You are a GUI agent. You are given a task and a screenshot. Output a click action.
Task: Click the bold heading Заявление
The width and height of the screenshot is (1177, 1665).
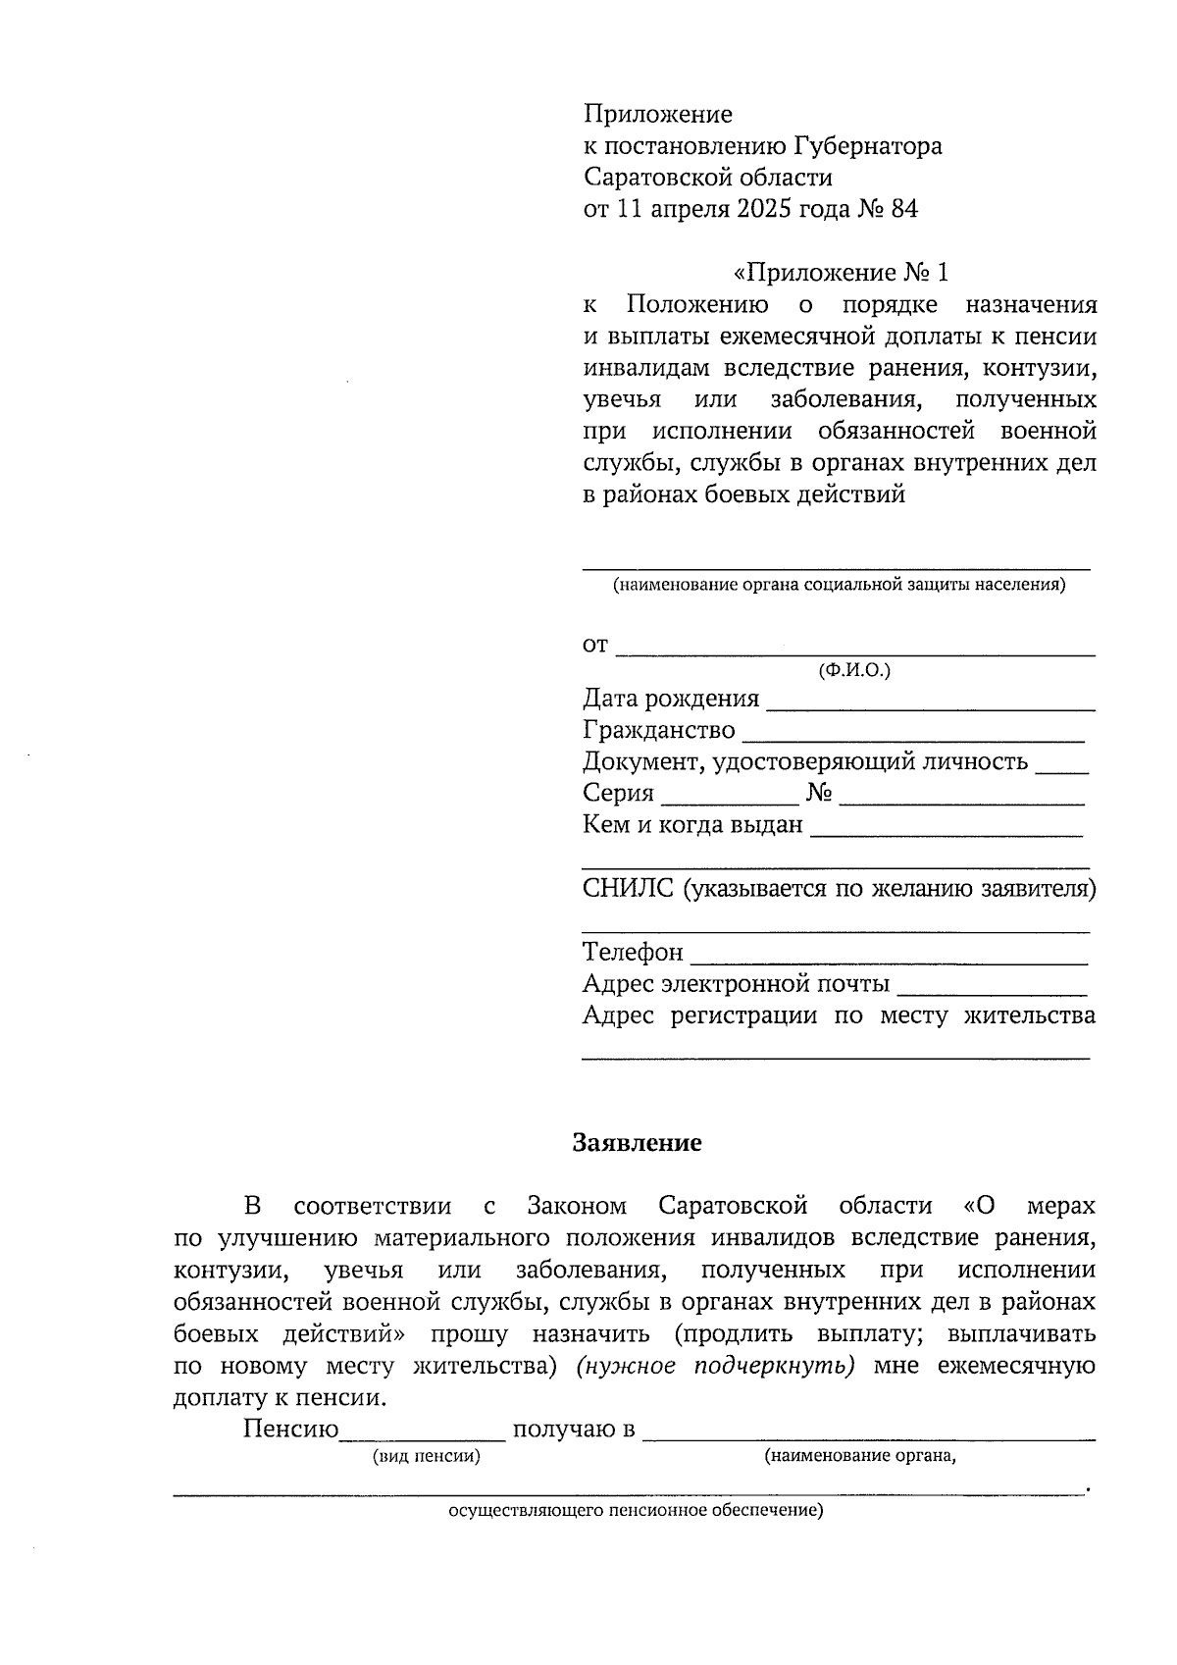[x=638, y=1143]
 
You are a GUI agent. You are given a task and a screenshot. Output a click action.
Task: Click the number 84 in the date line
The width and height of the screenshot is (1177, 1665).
[x=904, y=209]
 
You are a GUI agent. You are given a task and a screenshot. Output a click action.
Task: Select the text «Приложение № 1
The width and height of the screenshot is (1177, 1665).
[x=842, y=273]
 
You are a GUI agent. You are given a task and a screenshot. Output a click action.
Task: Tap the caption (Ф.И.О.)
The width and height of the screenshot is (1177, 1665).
[x=854, y=671]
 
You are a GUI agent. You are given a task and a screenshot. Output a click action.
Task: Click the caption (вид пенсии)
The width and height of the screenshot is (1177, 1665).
[x=427, y=1457]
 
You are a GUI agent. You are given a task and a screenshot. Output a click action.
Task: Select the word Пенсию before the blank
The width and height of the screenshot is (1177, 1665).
[x=290, y=1430]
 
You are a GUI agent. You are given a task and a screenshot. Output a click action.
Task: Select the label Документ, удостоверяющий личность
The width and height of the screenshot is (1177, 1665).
[x=804, y=761]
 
